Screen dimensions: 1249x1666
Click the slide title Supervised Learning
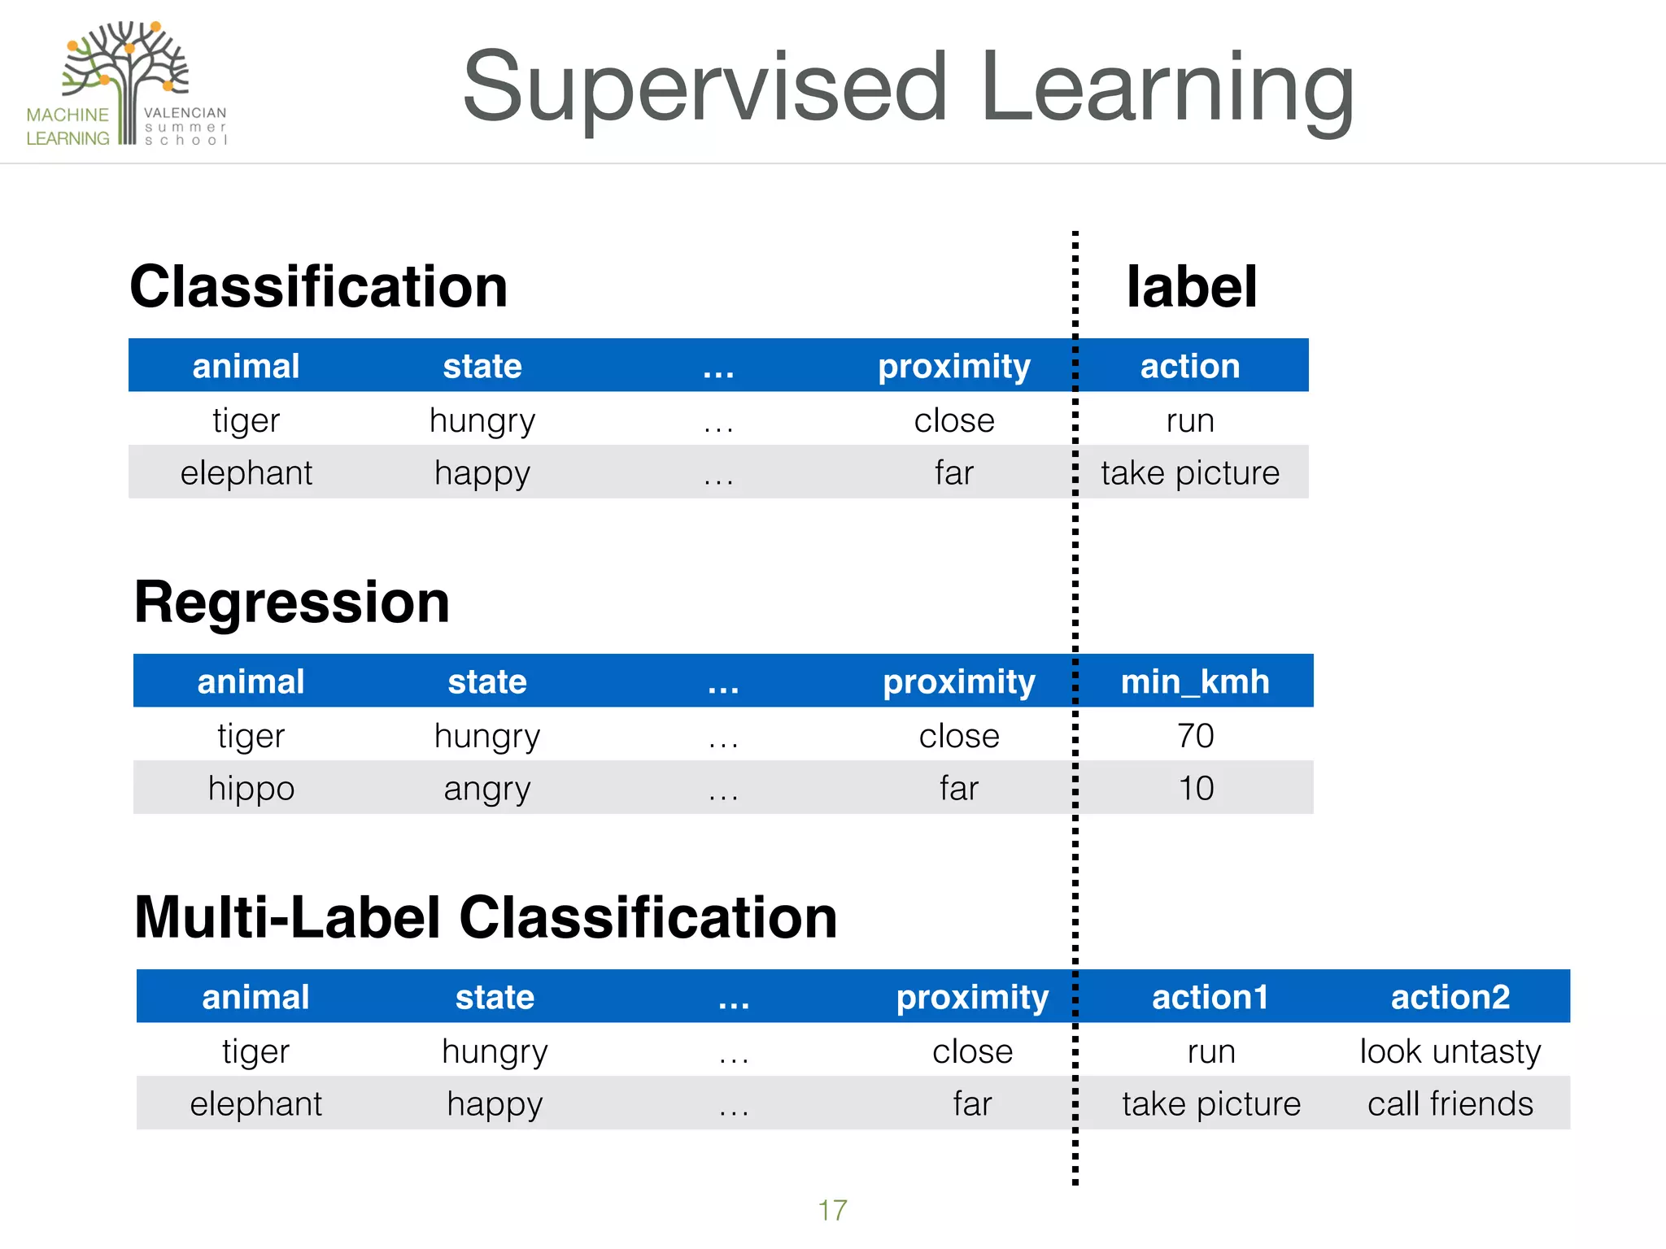click(908, 88)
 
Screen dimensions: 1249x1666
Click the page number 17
click(832, 1210)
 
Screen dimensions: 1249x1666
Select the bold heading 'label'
click(1191, 287)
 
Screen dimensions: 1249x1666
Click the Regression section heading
click(291, 603)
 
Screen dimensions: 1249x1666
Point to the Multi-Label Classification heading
click(486, 917)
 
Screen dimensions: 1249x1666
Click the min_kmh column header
click(1194, 681)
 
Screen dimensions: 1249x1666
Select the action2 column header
click(1450, 997)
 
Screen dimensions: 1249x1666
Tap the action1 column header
click(1210, 997)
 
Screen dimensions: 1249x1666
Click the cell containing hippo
click(251, 788)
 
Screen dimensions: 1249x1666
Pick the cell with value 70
click(1195, 736)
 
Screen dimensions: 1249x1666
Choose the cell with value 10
click(1195, 788)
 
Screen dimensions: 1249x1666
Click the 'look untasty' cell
click(1450, 1051)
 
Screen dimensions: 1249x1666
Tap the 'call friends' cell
click(1450, 1104)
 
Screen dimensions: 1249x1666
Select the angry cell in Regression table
click(486, 788)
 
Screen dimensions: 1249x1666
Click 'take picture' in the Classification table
click(1189, 472)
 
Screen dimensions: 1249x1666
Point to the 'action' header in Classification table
click(1189, 366)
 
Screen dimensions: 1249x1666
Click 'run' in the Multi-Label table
click(1210, 1051)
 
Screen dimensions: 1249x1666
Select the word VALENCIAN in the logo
click(185, 113)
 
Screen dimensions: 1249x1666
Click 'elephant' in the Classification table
click(246, 472)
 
